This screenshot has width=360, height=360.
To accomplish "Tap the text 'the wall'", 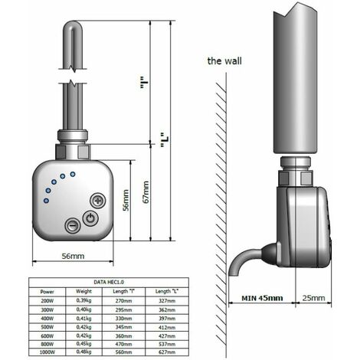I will pos(224,61).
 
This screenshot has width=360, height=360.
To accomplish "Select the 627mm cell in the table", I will pos(169,352).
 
